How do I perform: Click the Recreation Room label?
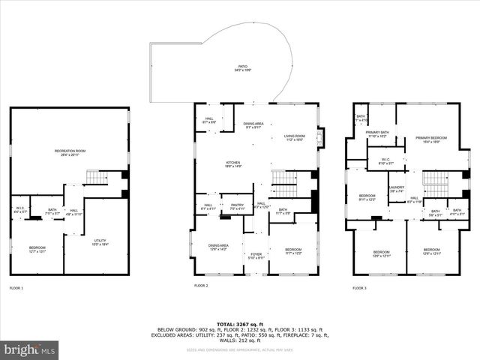click(x=70, y=153)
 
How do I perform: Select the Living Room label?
click(x=295, y=137)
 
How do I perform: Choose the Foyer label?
click(x=256, y=256)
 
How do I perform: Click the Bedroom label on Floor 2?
click(x=292, y=251)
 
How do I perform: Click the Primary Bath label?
click(x=376, y=134)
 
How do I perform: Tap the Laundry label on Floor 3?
click(x=397, y=189)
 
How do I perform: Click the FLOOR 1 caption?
click(x=16, y=288)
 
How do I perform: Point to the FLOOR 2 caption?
click(x=201, y=286)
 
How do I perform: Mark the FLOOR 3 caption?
click(x=360, y=288)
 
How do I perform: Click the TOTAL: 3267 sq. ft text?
click(x=238, y=323)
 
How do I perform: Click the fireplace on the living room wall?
click(x=321, y=138)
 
